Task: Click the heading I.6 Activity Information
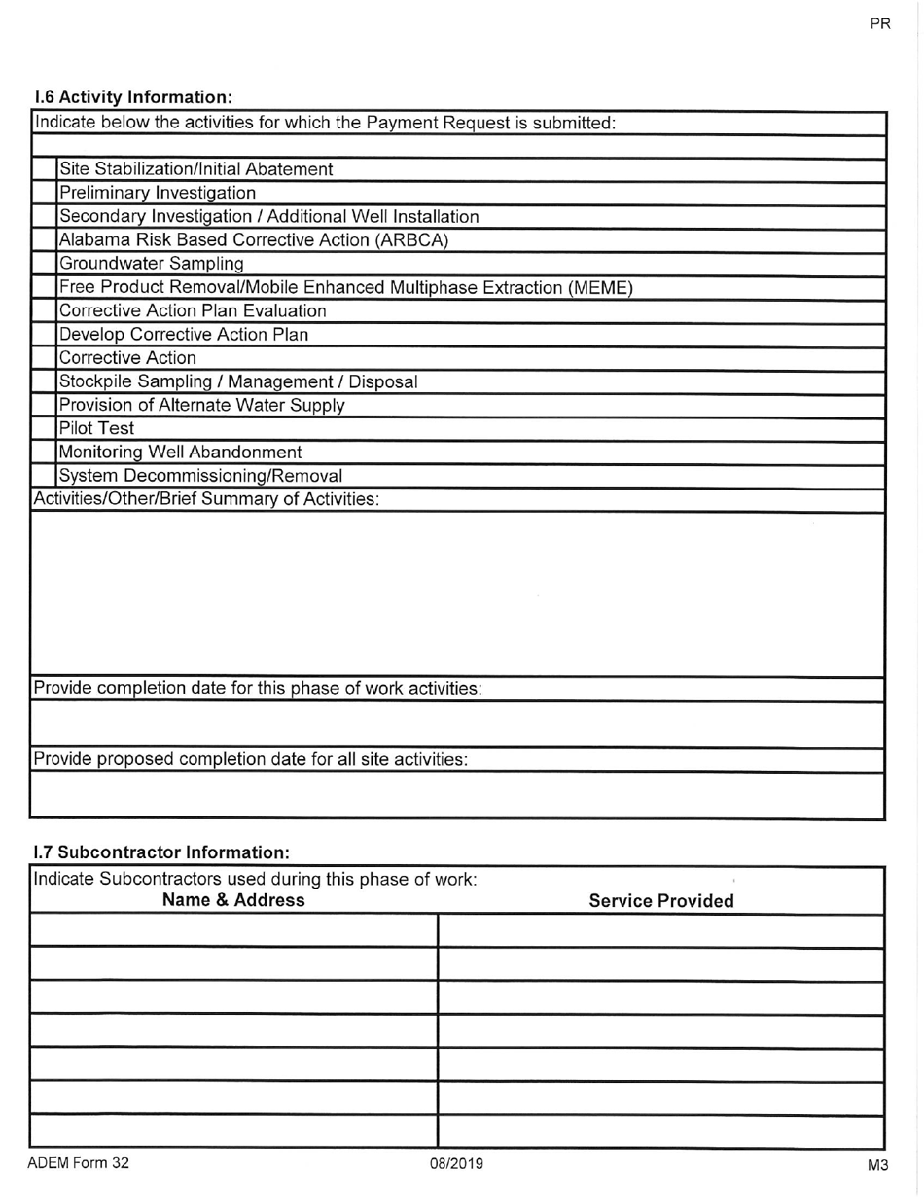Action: [133, 97]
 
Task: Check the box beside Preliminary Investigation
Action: [44, 193]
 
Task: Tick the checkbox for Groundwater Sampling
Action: [44, 264]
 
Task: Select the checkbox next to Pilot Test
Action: [44, 429]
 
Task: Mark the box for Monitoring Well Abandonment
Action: [44, 453]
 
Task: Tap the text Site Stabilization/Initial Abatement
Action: [195, 169]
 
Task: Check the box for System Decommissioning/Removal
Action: [44, 476]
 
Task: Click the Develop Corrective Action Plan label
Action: [184, 335]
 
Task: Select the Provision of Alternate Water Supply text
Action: [201, 405]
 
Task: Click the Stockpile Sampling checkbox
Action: [44, 381]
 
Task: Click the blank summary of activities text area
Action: [457, 594]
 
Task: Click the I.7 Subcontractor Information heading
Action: [161, 852]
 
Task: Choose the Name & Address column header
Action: [232, 901]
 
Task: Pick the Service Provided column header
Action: [661, 902]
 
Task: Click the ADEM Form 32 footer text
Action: [78, 1163]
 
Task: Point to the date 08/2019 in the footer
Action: [457, 1164]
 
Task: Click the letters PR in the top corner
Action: [879, 24]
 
